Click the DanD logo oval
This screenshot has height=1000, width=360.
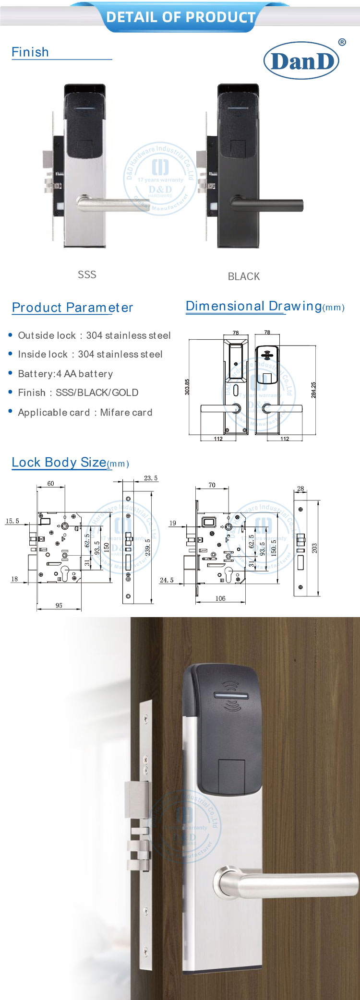click(x=301, y=61)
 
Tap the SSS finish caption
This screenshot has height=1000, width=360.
click(x=87, y=274)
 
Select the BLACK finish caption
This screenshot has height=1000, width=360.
click(x=244, y=276)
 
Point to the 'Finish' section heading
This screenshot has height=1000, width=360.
click(x=30, y=52)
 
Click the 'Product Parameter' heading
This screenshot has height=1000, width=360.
click(x=72, y=308)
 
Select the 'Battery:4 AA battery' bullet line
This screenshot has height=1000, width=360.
click(x=65, y=374)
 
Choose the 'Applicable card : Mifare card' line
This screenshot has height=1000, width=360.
click(x=85, y=413)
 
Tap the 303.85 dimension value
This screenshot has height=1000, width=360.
click(x=187, y=387)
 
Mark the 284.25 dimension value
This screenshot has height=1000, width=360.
click(x=313, y=390)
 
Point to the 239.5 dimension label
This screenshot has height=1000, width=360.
click(x=148, y=547)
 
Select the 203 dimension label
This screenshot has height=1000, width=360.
click(x=314, y=548)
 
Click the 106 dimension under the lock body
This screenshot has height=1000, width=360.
click(x=220, y=598)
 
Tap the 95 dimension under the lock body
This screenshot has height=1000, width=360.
click(x=59, y=606)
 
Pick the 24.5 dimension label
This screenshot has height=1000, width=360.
click(x=167, y=580)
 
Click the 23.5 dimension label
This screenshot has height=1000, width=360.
click(x=151, y=478)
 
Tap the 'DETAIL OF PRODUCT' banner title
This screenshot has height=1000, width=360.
click(x=181, y=17)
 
